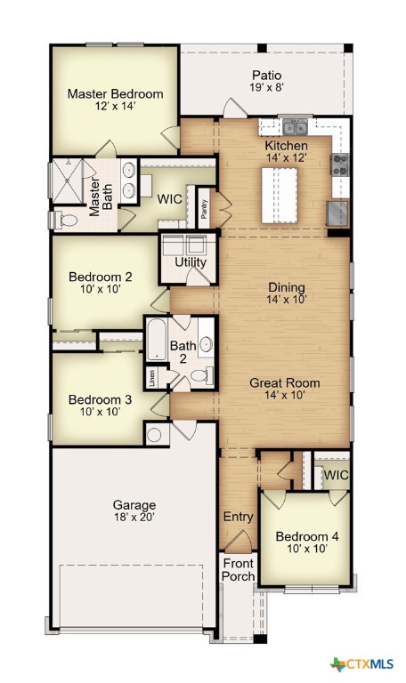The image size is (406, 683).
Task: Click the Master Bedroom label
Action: (115, 93)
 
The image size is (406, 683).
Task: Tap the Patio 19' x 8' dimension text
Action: (267, 87)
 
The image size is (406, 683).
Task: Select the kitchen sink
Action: (296, 127)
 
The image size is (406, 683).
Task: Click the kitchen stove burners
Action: (339, 165)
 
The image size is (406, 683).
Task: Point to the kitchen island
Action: (280, 196)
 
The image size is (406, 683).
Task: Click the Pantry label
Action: (204, 209)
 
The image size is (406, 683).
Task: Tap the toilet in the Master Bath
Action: (66, 220)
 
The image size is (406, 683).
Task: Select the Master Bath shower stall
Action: (68, 181)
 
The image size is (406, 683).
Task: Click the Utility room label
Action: (191, 262)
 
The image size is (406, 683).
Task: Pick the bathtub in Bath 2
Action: (156, 340)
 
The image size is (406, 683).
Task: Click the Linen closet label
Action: (151, 378)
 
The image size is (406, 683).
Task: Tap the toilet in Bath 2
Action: (202, 374)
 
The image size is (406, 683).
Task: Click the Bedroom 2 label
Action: (101, 277)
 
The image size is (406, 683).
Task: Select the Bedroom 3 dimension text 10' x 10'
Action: (101, 412)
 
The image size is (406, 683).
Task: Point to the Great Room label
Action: (284, 383)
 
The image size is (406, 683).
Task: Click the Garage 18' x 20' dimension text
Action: (134, 517)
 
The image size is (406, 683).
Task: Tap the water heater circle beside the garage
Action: (154, 435)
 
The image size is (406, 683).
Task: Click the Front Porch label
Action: (238, 570)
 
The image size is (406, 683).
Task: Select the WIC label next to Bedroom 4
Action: (336, 475)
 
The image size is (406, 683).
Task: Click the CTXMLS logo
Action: (362, 664)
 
